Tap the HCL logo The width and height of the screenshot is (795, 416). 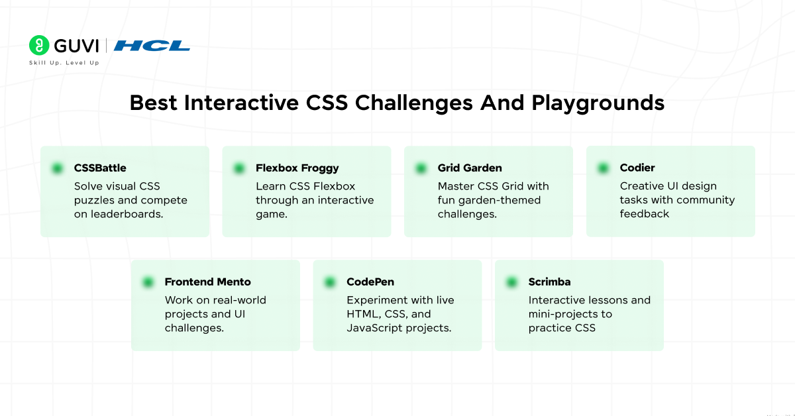[x=152, y=46]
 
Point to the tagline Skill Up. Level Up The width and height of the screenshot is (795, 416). [x=64, y=63]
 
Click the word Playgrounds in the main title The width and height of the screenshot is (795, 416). [x=598, y=103]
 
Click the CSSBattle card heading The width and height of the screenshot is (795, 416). [x=100, y=168]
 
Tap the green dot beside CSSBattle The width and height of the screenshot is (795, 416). [x=57, y=168]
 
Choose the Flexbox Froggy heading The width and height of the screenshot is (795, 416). [x=297, y=168]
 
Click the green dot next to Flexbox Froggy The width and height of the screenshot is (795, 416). [x=239, y=168]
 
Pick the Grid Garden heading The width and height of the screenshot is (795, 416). [x=470, y=168]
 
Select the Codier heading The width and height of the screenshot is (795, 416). [x=637, y=168]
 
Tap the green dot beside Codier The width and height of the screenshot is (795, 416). [x=603, y=168]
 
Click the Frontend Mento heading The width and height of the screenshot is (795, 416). [x=207, y=282]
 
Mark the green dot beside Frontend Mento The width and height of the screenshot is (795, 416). [x=148, y=282]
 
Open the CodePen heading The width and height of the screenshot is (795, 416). [x=370, y=282]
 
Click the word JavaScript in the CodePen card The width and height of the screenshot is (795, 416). [x=373, y=328]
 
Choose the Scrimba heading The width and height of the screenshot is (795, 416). [x=549, y=282]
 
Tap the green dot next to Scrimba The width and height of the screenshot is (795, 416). [x=511, y=282]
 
